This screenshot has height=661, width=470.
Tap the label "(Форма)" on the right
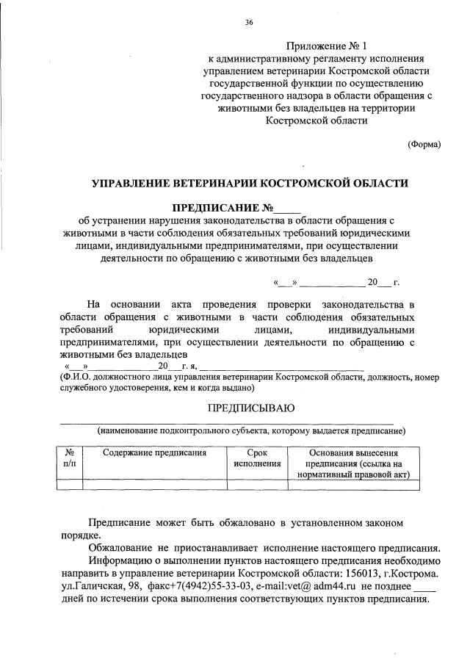pos(424,144)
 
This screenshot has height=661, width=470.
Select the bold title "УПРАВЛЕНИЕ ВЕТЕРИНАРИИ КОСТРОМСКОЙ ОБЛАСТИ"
pos(249,181)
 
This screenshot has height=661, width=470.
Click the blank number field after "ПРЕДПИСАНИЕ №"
pos(286,206)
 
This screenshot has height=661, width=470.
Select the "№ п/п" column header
pos(70,458)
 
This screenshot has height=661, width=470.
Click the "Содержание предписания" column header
pos(154,453)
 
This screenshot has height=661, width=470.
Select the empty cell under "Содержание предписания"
pos(154,484)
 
